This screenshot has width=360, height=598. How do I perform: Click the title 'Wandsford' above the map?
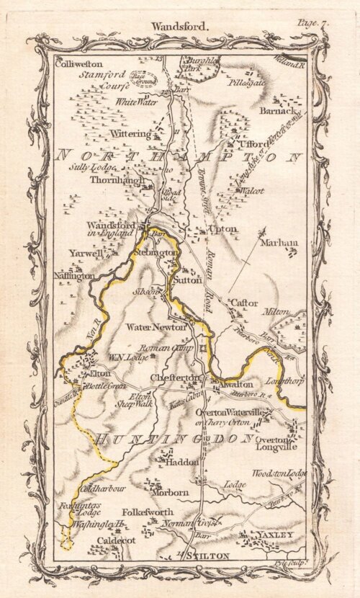178,26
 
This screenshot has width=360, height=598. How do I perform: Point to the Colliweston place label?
78,64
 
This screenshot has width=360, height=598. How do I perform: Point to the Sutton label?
188,275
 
